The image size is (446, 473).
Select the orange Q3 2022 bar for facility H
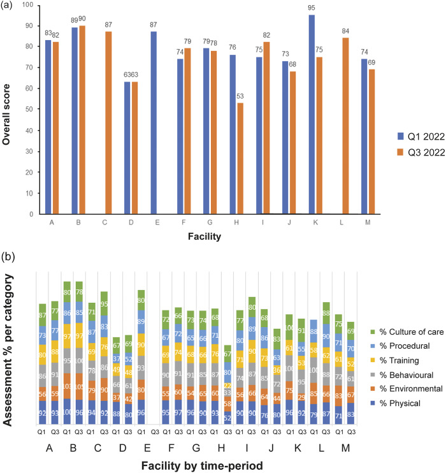tap(257, 159)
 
